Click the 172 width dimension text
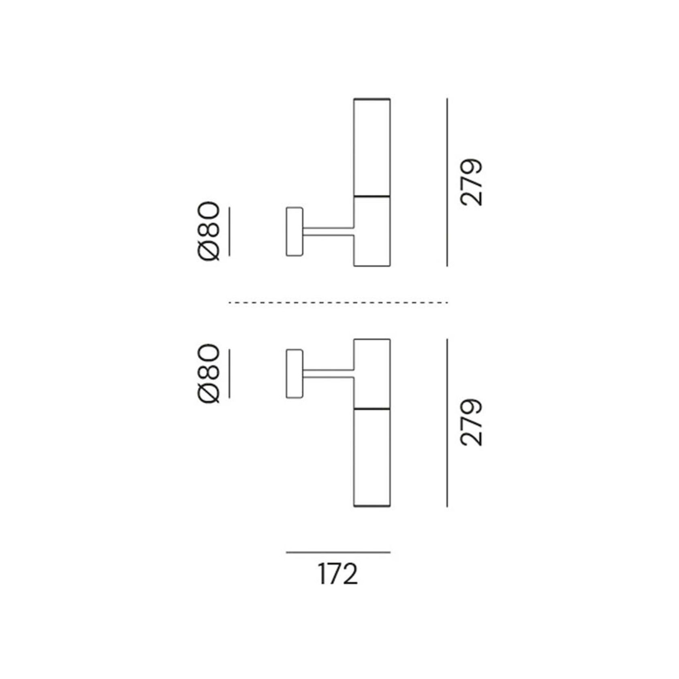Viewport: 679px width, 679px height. [x=338, y=574]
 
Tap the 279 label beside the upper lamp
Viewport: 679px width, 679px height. [x=472, y=182]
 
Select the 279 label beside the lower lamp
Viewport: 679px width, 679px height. [x=472, y=423]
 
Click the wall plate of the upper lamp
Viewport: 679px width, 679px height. [x=295, y=232]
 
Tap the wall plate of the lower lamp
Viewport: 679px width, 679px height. [x=295, y=374]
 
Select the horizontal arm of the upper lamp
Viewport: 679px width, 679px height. [x=328, y=232]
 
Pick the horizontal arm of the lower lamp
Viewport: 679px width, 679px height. [x=328, y=374]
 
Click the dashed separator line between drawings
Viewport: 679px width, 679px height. [x=338, y=303]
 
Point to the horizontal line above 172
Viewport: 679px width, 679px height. [x=338, y=552]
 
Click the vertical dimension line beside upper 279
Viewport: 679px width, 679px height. [x=447, y=182]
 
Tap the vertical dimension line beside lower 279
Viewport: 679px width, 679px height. [x=447, y=423]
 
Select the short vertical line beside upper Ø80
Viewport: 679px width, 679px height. [x=229, y=232]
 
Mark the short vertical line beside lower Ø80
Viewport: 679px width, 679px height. [x=229, y=374]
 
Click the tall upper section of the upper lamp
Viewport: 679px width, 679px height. [x=372, y=147]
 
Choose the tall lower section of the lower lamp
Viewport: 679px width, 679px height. [x=372, y=458]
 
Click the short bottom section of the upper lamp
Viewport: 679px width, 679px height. [x=372, y=231]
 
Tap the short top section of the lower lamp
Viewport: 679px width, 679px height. [x=372, y=374]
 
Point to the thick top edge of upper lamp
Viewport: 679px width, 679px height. [x=372, y=99]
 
